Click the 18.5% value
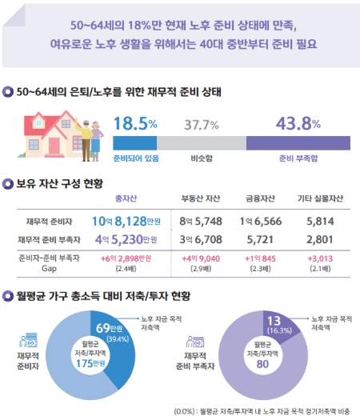click(135, 124)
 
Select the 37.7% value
click(202, 125)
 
